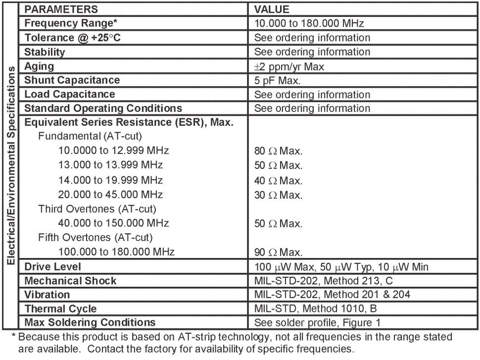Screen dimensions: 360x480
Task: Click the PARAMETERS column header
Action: click(61, 9)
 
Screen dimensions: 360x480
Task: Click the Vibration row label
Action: click(44, 295)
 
